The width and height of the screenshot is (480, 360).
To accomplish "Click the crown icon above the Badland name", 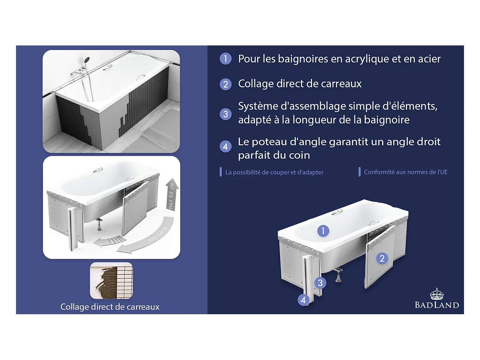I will coord(436,294).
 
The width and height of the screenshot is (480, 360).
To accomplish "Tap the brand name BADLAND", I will coord(437,305).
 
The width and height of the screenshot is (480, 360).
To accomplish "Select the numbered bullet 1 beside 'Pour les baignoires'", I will coord(226,59).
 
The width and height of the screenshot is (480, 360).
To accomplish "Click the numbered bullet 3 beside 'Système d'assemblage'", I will coord(226,114).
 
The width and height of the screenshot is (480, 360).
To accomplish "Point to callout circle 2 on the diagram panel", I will coord(382,258).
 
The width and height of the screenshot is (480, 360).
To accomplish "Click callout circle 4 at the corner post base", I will coord(303,300).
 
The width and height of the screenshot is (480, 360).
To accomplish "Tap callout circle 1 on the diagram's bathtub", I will coord(323,231).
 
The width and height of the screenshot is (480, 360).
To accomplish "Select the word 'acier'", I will coord(429,59).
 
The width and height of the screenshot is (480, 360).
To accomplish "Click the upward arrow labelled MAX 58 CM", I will coord(172,195).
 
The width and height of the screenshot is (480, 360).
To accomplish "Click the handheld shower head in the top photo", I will coord(86,60).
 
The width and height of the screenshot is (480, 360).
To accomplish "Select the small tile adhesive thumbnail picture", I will coord(111,281).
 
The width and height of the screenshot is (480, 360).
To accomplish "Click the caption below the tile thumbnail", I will coord(110,307).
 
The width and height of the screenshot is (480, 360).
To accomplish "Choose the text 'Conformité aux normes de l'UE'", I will coord(405,172).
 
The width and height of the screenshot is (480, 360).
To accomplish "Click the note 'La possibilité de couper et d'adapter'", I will coord(274,172).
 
